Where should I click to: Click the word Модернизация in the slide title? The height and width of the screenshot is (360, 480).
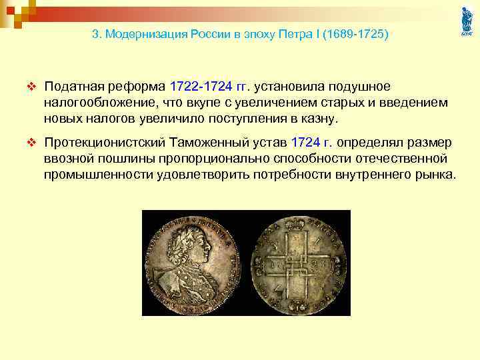click(x=139, y=33)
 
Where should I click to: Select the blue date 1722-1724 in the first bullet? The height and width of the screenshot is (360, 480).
click(x=201, y=87)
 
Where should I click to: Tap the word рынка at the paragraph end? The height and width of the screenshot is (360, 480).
click(x=437, y=175)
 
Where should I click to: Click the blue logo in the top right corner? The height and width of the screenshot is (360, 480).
click(x=465, y=21)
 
